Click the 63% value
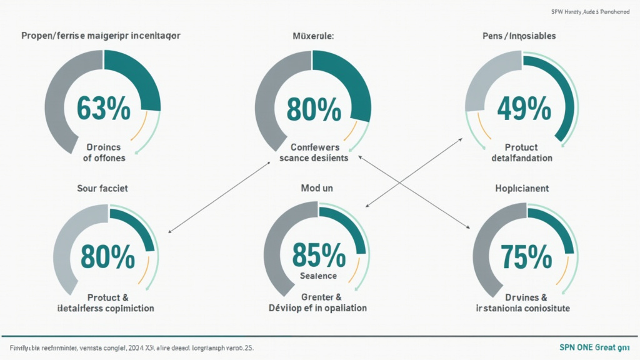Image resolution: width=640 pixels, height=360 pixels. tap(103, 109)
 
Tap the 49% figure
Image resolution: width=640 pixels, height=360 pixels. tap(524, 109)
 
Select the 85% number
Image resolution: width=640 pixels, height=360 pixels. tap(319, 255)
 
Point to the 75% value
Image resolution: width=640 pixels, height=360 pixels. tap(526, 256)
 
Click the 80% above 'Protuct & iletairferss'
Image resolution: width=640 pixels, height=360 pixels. tap(107, 256)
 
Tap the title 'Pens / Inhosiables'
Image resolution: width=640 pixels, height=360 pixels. tap(519, 36)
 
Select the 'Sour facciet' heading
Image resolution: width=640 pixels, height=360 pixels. tap(102, 187)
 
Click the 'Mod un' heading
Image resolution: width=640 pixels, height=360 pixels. tap(316, 187)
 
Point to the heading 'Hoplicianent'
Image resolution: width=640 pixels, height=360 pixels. tap(522, 187)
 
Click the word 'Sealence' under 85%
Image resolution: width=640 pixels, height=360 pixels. tap(318, 276)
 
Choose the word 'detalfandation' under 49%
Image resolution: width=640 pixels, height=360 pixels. tap(522, 158)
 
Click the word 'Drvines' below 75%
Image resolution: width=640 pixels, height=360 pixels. tap(516, 297)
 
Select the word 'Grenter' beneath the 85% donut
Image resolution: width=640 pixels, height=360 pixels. tap(313, 297)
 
